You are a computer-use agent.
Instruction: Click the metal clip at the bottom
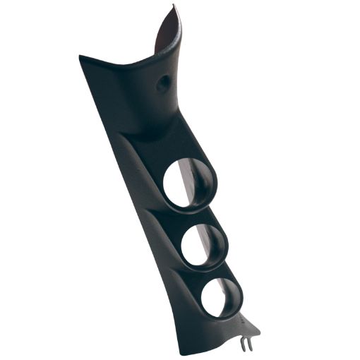pos(246,344)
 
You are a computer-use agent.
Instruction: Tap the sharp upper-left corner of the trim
pos(80,56)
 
